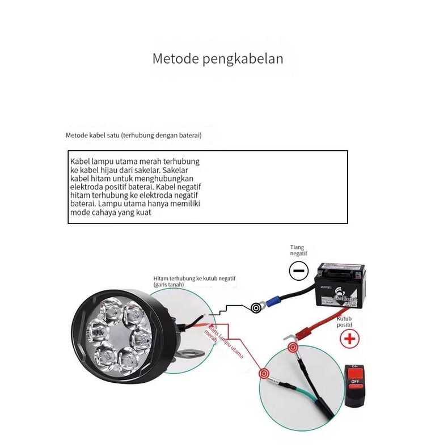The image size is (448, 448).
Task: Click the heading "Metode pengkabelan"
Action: [x=218, y=58]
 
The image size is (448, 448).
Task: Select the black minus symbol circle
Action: [x=298, y=271]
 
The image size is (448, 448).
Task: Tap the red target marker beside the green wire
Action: [x=264, y=374]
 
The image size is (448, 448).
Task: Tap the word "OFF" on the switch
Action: [x=356, y=382]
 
